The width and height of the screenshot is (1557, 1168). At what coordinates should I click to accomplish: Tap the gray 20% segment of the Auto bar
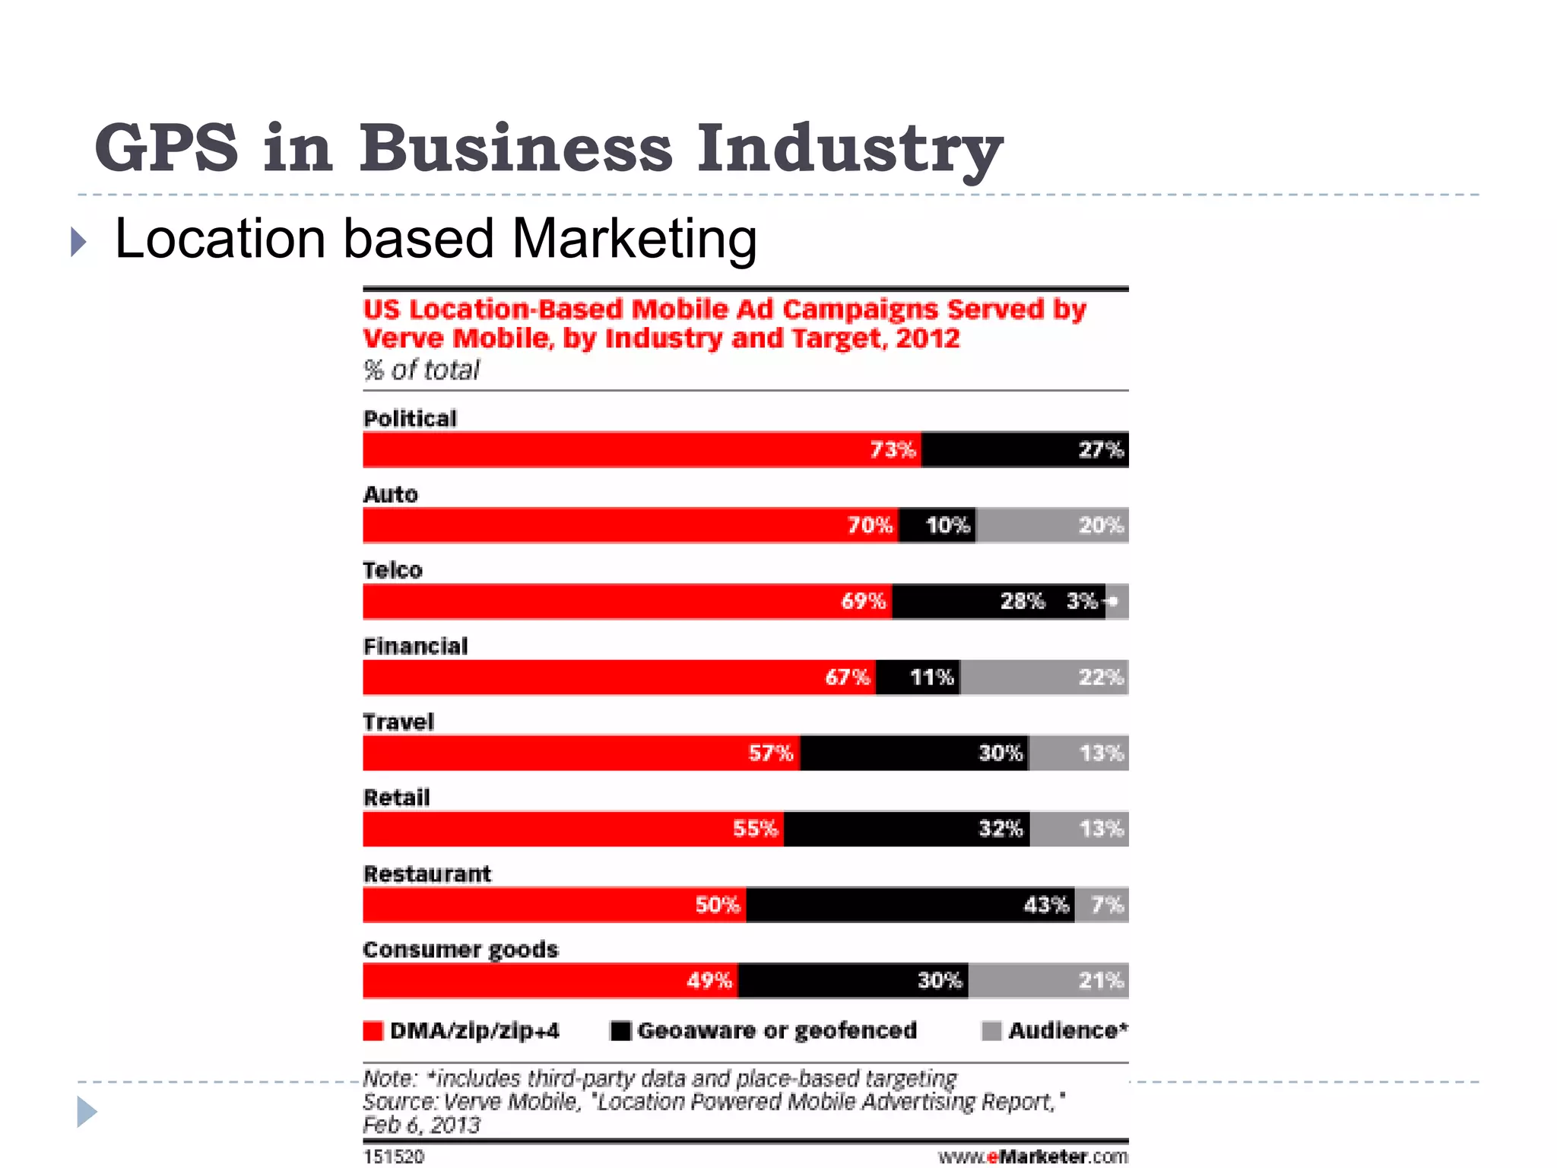1051,525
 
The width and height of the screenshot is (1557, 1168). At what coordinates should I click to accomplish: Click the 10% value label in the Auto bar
947,525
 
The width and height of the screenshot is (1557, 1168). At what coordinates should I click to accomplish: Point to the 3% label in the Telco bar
1082,601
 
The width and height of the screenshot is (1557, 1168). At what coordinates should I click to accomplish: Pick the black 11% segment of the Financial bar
918,678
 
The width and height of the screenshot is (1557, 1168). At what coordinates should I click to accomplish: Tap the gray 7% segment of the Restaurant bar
1102,905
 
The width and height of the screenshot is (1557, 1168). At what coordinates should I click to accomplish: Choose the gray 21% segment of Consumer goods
1048,981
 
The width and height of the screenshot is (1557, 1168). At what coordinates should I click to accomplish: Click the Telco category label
392,570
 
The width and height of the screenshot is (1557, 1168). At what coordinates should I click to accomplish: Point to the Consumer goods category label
460,950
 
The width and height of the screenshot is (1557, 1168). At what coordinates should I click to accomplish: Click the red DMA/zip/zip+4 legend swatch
373,1031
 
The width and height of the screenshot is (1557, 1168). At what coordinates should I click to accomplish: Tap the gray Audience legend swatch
991,1031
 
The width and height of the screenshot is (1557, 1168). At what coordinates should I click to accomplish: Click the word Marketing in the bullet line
634,239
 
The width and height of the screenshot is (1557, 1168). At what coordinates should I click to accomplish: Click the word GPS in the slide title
166,148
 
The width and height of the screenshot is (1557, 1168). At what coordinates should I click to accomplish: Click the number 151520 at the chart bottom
394,1157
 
